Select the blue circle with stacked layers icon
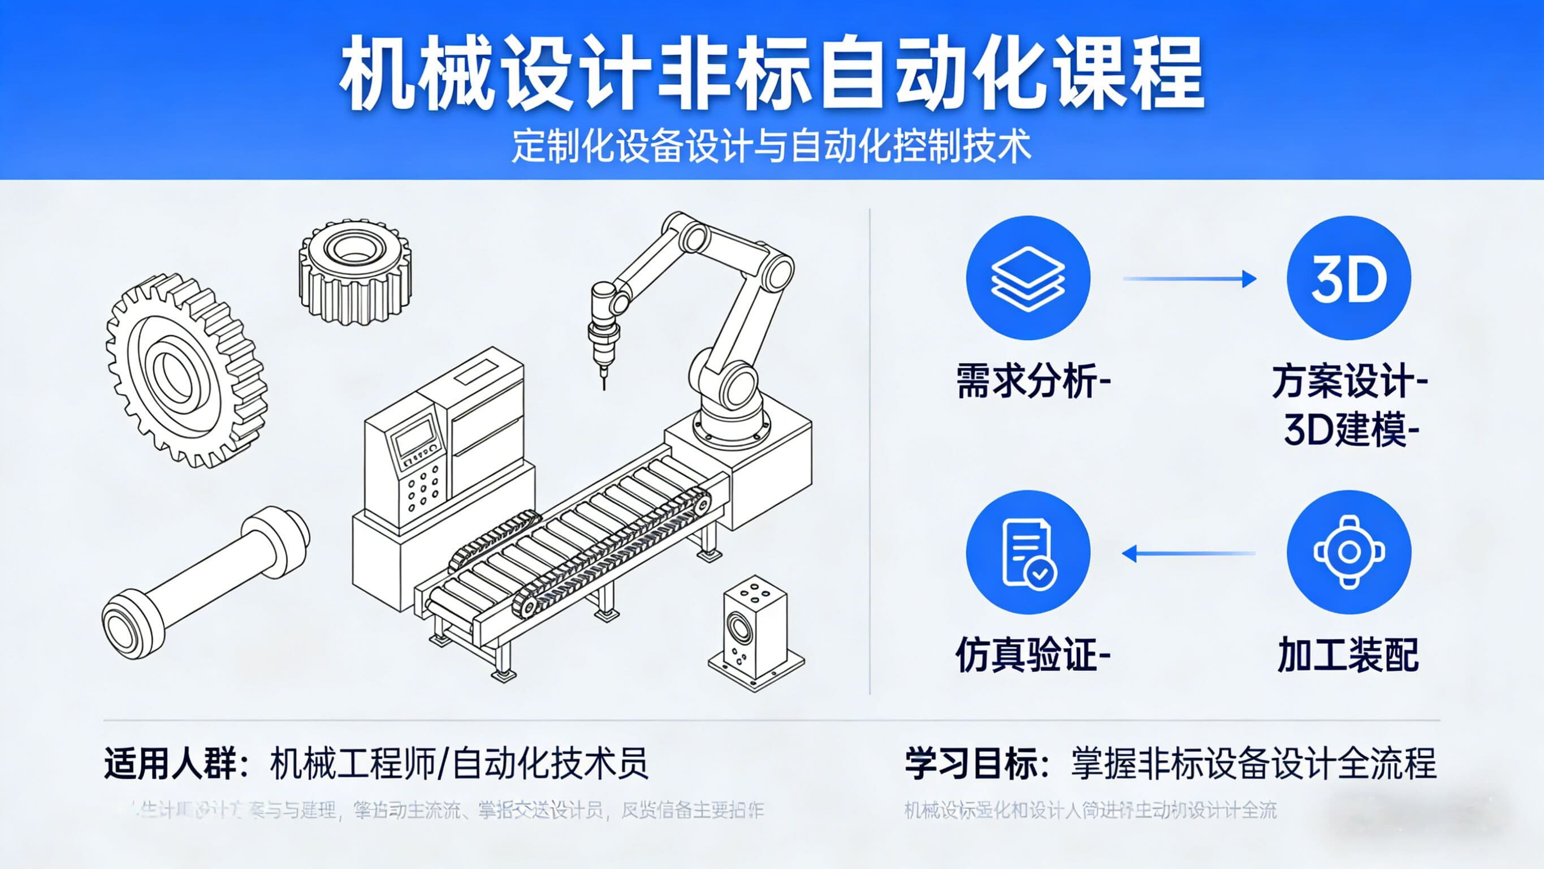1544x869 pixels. [1028, 278]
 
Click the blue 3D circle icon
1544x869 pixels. [1348, 278]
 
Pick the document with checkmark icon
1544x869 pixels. [1028, 552]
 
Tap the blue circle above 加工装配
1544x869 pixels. [1348, 552]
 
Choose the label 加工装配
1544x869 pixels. [1348, 655]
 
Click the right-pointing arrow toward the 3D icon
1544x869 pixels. [1189, 279]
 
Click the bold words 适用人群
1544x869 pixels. [170, 763]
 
